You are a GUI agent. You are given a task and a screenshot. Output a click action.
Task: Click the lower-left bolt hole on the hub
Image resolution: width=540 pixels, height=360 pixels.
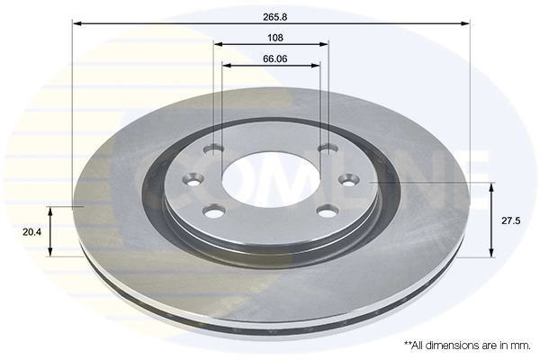click(x=213, y=211)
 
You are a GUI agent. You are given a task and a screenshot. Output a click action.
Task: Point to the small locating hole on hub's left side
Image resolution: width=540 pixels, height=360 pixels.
click(x=189, y=180)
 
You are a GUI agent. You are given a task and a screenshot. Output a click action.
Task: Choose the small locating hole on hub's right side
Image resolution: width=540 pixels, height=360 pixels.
click(x=349, y=180)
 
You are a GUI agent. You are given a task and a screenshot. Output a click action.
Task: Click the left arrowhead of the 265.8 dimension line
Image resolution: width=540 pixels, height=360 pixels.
click(x=76, y=24)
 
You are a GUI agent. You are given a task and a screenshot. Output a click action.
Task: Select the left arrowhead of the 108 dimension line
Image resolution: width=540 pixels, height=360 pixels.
click(x=219, y=45)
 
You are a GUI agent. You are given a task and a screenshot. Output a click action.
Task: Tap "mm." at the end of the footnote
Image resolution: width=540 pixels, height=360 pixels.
click(x=519, y=345)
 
